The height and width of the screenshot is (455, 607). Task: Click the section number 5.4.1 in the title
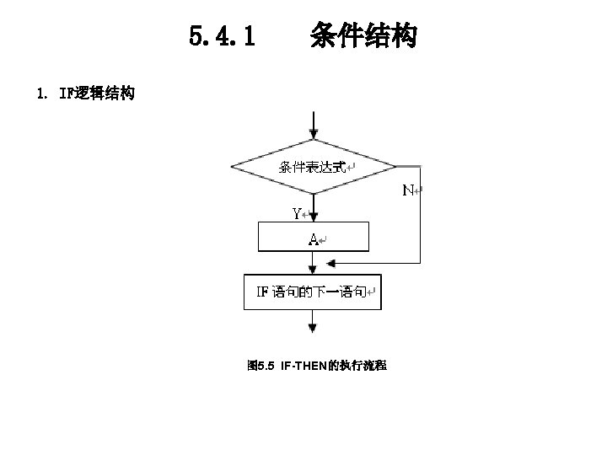(x=223, y=37)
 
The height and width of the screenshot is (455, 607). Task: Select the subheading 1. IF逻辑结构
(x=83, y=94)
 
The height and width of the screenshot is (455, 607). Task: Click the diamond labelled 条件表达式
(x=313, y=166)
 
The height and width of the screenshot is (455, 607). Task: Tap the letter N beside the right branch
(x=407, y=190)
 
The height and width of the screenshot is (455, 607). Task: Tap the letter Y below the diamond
(x=297, y=213)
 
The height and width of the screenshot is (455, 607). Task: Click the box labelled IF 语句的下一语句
(x=313, y=293)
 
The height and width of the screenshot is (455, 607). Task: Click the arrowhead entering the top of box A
(x=313, y=218)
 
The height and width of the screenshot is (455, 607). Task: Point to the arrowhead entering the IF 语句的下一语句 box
(x=313, y=270)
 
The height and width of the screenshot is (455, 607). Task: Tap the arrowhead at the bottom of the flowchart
(x=313, y=328)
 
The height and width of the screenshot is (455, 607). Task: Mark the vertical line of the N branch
(x=419, y=215)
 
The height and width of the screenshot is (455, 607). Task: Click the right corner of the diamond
(x=395, y=166)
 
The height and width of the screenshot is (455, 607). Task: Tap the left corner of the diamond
(x=233, y=166)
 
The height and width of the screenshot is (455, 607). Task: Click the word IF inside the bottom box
(x=262, y=293)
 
